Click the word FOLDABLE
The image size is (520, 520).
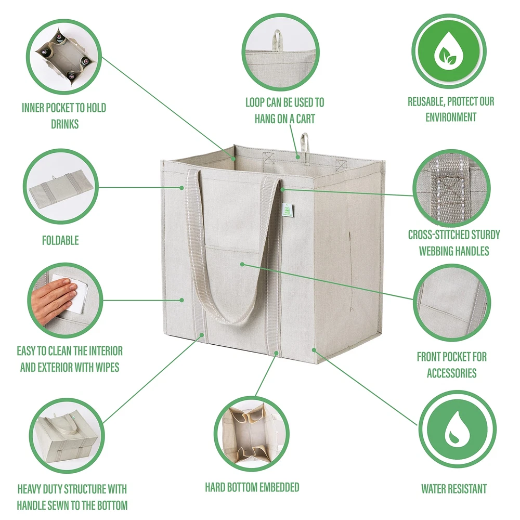(60, 240)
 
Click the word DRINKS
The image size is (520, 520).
(64, 124)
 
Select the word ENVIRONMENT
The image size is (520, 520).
(451, 117)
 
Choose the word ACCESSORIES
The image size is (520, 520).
(451, 373)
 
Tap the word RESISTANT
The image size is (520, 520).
(467, 488)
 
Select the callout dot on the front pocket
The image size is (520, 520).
(242, 264)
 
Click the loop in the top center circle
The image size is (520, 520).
(276, 40)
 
